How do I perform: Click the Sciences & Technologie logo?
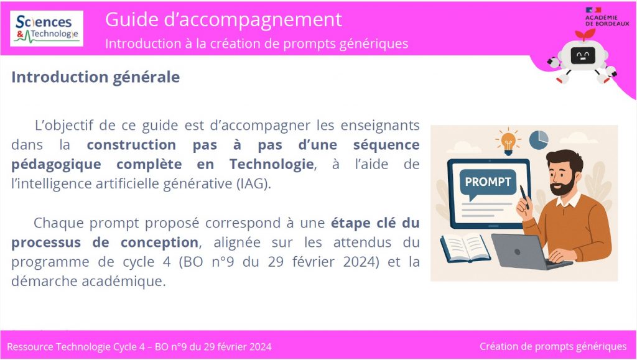(47, 29)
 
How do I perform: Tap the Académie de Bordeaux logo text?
(607, 21)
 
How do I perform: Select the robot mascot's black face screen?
(582, 55)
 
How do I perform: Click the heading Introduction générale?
(95, 76)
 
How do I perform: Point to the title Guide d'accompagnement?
(223, 19)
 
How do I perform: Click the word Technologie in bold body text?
(271, 164)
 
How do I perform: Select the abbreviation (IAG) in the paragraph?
(254, 184)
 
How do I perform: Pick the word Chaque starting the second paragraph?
(59, 223)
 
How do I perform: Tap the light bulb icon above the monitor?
(508, 142)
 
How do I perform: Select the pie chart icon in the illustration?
(539, 140)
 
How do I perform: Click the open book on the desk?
(465, 248)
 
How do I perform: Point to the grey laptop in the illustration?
(528, 251)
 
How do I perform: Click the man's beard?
(563, 185)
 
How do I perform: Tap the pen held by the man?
(524, 197)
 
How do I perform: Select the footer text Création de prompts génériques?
(553, 346)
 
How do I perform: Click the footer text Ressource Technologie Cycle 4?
(76, 347)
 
